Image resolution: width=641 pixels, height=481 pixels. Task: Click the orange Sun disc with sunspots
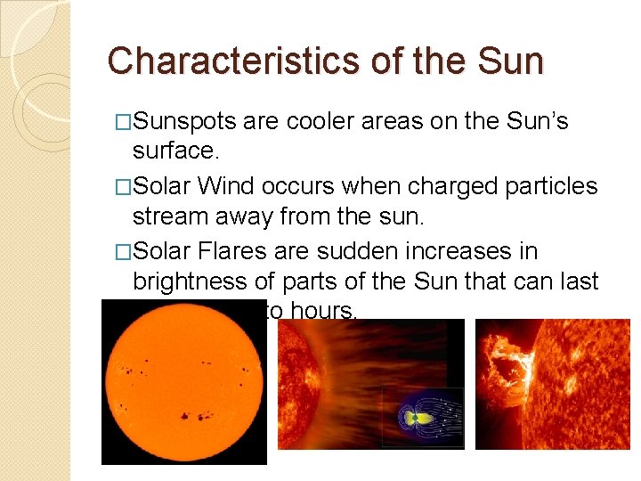[x=183, y=380]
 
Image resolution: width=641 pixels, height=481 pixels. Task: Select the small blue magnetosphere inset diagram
[x=423, y=417]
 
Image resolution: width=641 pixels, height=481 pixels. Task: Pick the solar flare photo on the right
[x=553, y=383]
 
